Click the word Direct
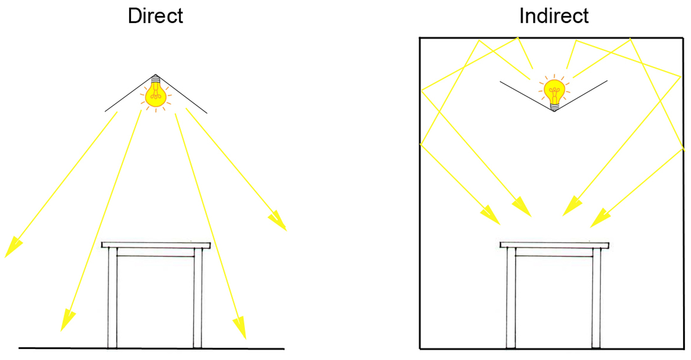click(155, 16)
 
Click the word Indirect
click(554, 16)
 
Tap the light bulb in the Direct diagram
click(156, 95)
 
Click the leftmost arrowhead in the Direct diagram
click(12, 247)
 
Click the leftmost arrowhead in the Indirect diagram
click(491, 215)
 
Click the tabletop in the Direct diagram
click(156, 245)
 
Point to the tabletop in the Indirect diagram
click(554, 245)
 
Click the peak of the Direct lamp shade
click(155, 75)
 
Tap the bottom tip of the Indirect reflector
click(554, 111)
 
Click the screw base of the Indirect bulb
click(555, 106)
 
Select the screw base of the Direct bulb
click(155, 81)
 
